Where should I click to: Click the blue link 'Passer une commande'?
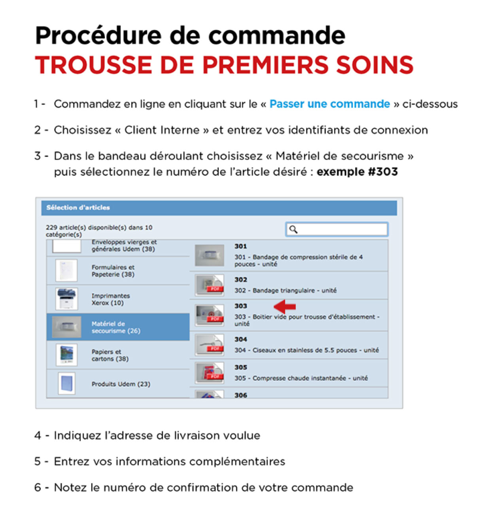(x=329, y=104)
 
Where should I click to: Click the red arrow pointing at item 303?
(x=285, y=306)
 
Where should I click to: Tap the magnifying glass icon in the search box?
(x=293, y=229)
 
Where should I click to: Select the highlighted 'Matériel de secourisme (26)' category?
(x=115, y=327)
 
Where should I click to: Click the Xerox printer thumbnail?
(x=67, y=299)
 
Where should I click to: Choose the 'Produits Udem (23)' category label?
(x=121, y=384)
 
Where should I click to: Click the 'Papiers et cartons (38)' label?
(x=110, y=355)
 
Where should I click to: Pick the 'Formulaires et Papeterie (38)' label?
(x=113, y=271)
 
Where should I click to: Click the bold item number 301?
(x=240, y=246)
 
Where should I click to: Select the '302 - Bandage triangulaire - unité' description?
(x=285, y=290)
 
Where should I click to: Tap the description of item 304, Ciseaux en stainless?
(x=306, y=350)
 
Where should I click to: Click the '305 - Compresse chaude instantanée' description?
(x=301, y=378)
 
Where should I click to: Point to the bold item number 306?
(x=240, y=395)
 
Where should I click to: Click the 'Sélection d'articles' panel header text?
(x=78, y=207)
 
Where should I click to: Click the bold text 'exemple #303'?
(x=357, y=172)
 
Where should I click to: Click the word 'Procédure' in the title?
(x=98, y=36)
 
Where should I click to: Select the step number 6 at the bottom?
(x=38, y=487)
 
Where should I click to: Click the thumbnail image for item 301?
(x=210, y=255)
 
